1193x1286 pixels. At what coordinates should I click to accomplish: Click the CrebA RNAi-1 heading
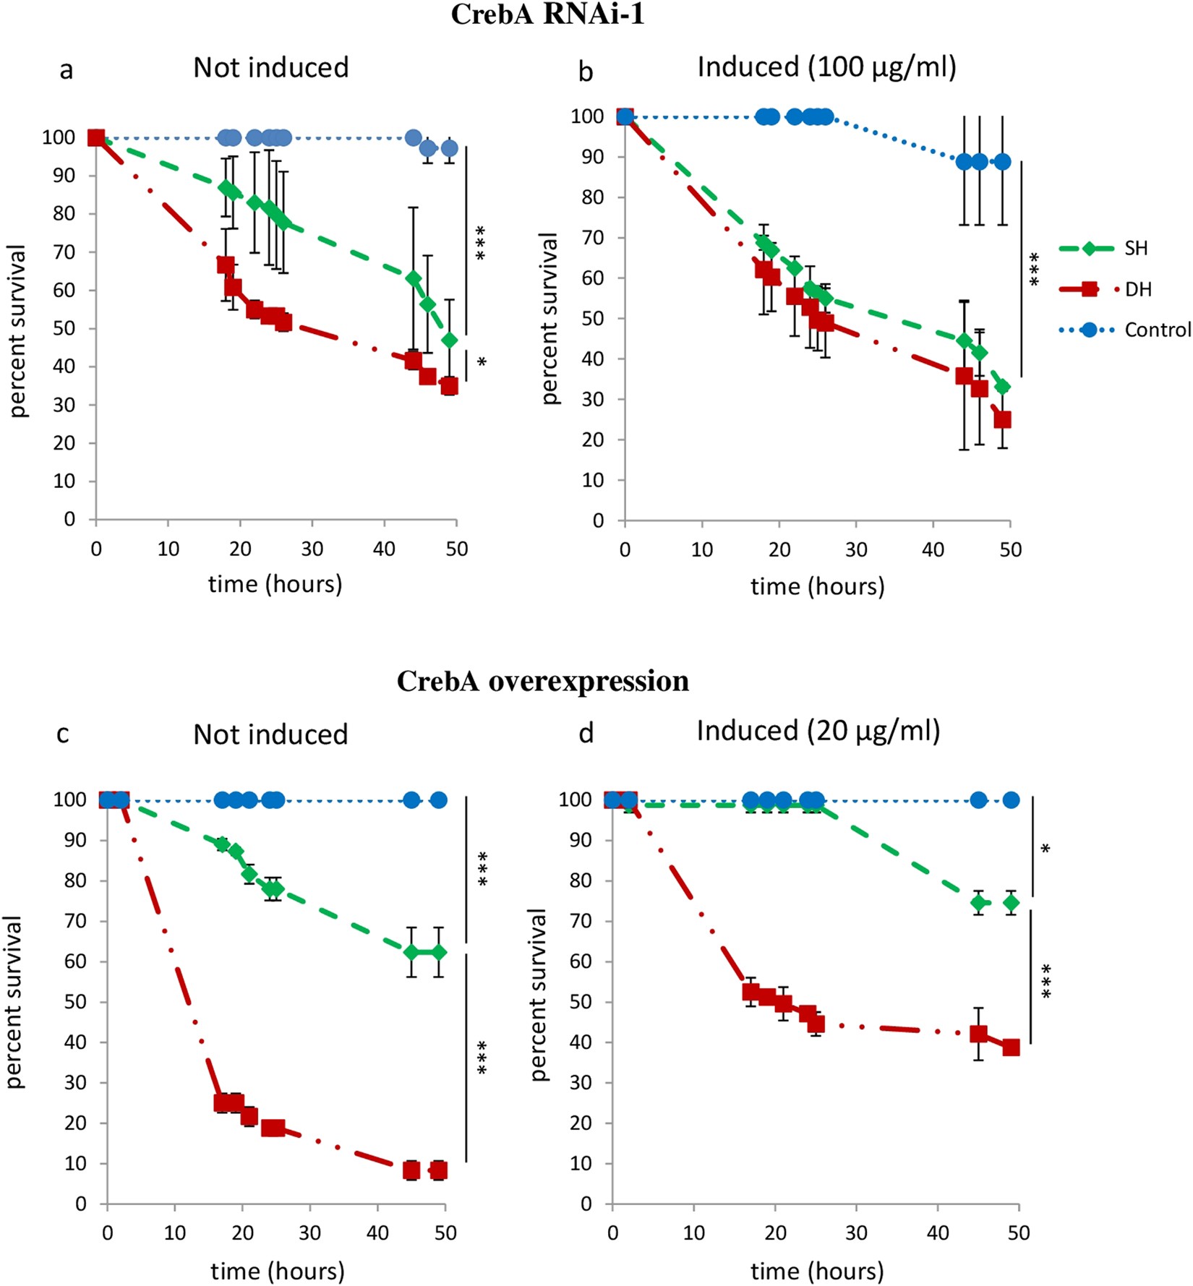547,14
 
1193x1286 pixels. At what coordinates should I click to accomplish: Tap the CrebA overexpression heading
542,681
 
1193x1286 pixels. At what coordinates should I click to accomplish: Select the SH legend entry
1136,249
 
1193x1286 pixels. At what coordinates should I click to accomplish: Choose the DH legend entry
1138,290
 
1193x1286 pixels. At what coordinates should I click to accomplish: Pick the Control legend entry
1157,330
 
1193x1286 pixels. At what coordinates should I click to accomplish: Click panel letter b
586,72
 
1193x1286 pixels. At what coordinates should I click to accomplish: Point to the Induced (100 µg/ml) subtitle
826,67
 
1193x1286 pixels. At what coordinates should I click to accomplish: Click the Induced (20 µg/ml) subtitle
818,731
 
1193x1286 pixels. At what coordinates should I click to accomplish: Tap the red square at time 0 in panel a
95,137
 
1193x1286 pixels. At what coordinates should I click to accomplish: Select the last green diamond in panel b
1002,387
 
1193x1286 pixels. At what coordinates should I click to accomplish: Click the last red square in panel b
1002,420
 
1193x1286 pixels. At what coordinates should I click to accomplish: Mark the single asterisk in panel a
482,362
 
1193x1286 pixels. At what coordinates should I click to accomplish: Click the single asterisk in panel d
1046,849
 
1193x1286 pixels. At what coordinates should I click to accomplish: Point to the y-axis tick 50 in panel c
76,1002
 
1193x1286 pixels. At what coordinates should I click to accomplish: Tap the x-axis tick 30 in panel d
856,1233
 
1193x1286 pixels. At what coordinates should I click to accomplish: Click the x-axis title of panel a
275,584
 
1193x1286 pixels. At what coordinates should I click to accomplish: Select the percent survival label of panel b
550,319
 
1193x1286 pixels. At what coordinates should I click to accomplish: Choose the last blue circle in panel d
1011,800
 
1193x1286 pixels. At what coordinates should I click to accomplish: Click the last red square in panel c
439,1170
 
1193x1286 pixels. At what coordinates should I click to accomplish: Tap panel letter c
63,734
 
